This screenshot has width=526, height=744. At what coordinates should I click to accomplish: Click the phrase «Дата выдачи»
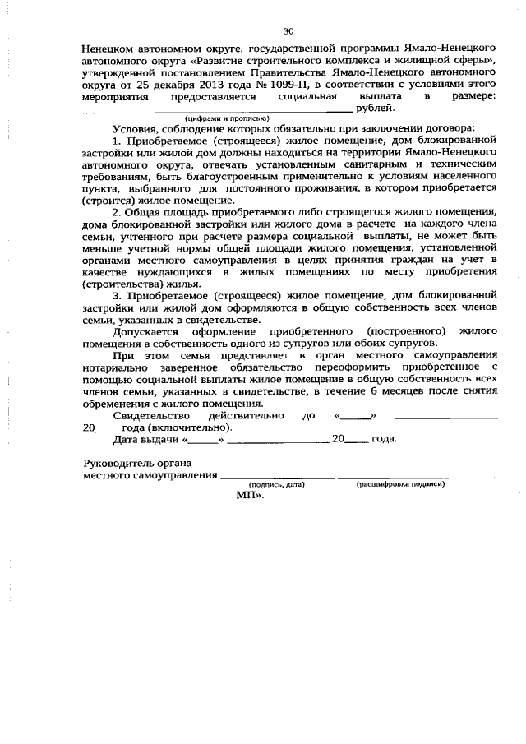[145, 438]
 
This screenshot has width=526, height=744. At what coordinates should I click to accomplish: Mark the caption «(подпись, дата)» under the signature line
[277, 485]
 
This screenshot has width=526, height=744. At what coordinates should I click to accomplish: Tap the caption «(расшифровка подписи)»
[400, 485]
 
